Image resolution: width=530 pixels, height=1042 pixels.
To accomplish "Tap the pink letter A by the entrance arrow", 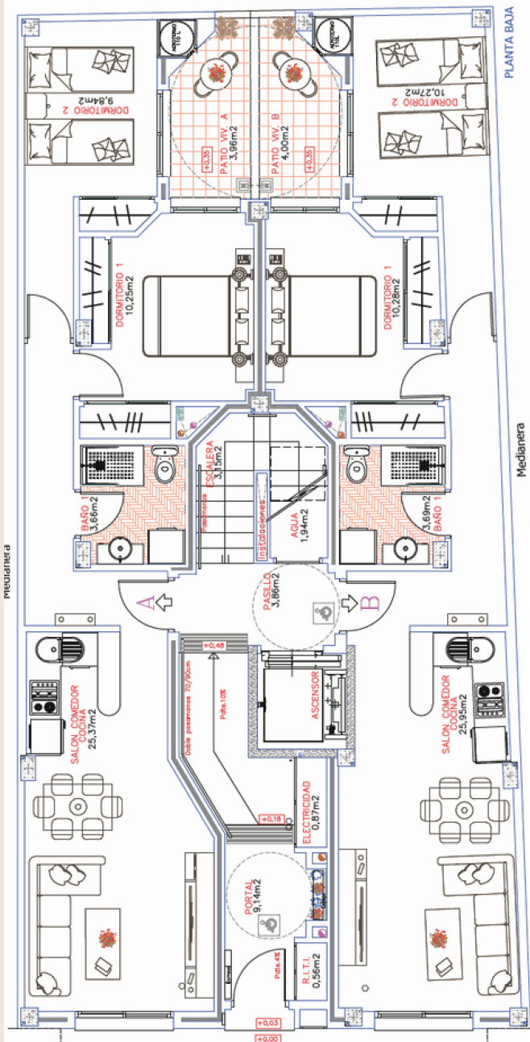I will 147,601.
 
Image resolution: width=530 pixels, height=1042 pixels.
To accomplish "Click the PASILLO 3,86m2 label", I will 271,597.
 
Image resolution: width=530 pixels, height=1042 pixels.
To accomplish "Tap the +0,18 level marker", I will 269,819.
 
